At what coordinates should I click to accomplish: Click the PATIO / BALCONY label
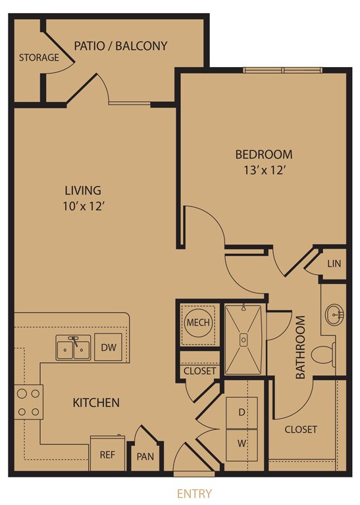click(120, 46)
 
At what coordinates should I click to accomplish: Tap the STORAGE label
click(39, 57)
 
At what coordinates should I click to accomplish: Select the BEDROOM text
click(263, 155)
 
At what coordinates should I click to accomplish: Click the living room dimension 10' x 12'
click(82, 206)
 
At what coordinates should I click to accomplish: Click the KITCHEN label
click(95, 402)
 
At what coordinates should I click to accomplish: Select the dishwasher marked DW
click(105, 347)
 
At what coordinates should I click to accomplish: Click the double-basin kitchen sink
click(73, 349)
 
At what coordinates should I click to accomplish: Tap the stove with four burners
click(28, 402)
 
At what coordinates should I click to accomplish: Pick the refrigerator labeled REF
click(107, 454)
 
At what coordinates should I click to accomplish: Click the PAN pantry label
click(145, 456)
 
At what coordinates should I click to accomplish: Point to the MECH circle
click(197, 323)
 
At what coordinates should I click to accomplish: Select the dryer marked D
click(242, 412)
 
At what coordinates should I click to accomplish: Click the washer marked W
click(242, 443)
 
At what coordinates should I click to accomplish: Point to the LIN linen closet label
click(334, 264)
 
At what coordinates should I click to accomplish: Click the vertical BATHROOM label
click(301, 349)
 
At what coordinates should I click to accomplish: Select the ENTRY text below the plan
click(194, 493)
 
